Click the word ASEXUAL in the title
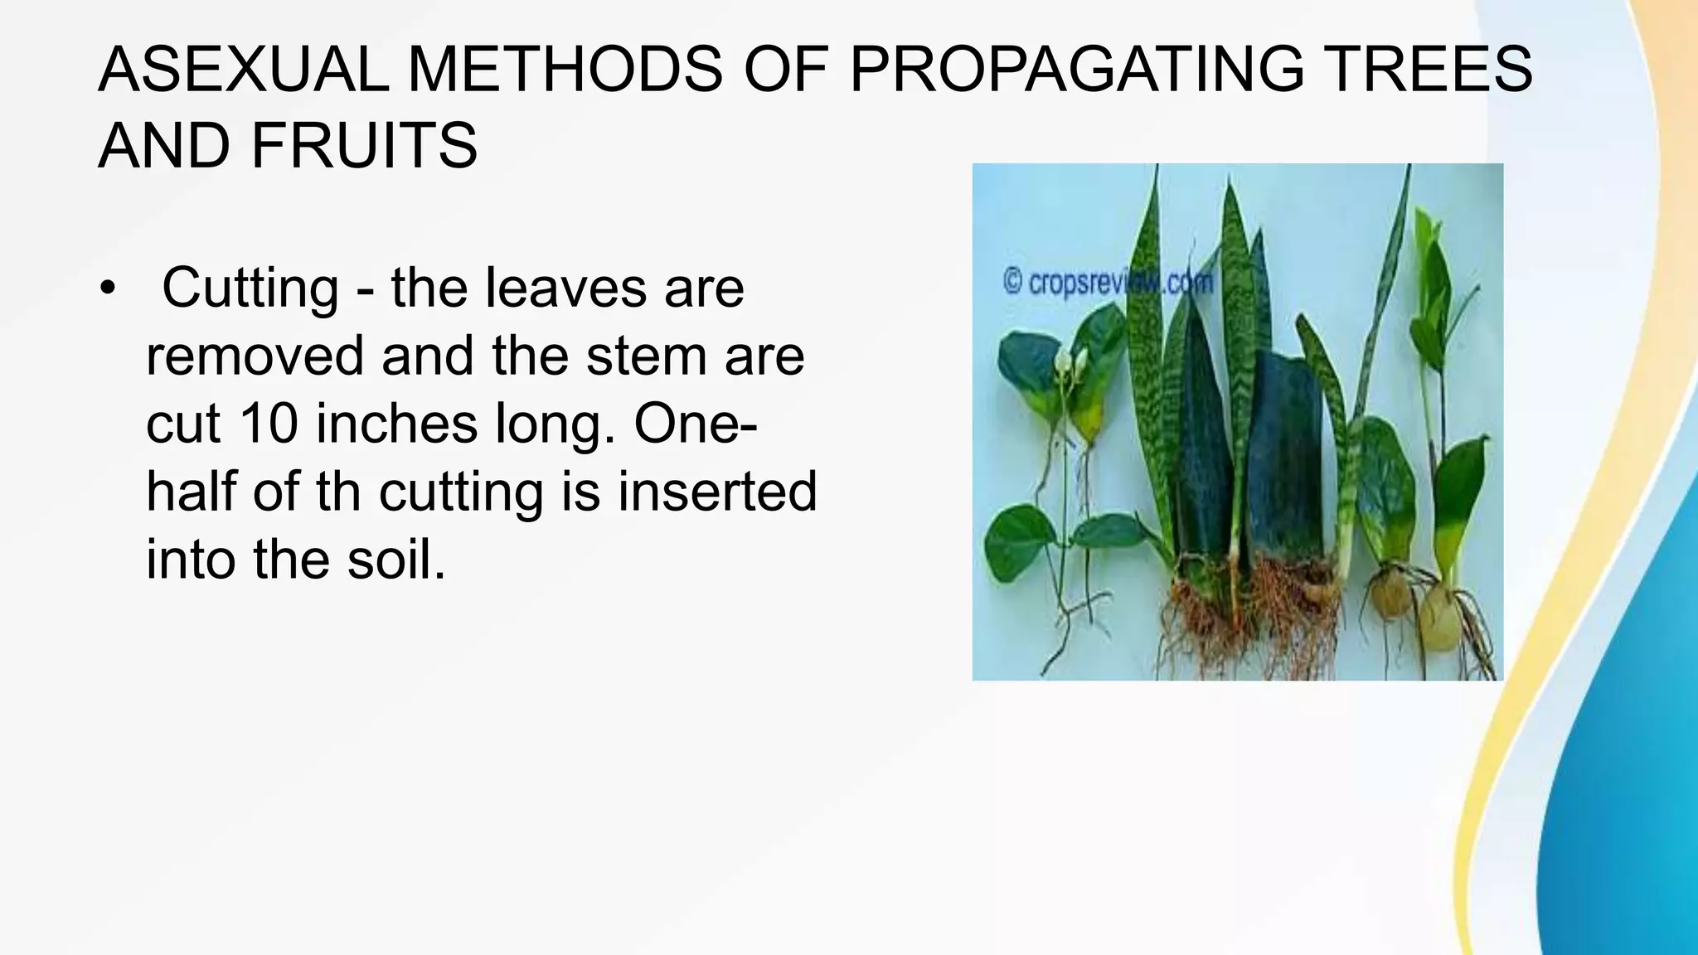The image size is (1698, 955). [x=243, y=70]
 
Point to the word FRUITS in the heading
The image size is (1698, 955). [x=364, y=146]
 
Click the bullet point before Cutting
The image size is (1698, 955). [x=107, y=290]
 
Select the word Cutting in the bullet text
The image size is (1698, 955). [x=250, y=288]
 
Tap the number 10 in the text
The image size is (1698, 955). [x=269, y=424]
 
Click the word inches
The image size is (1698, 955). [x=396, y=424]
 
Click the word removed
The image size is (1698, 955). [x=255, y=356]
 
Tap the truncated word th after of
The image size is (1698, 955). [x=338, y=492]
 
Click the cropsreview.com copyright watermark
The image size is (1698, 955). [x=1108, y=283]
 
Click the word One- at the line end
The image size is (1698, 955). [x=695, y=424]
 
